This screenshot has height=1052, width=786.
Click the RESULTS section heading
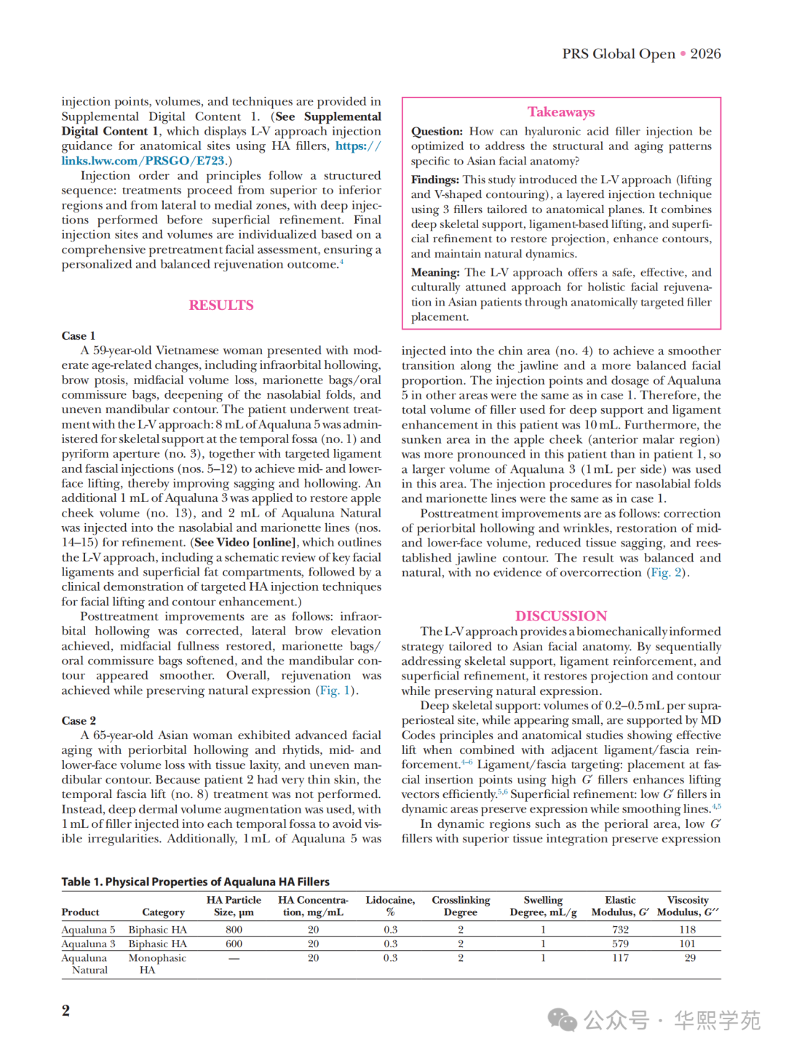[x=221, y=305]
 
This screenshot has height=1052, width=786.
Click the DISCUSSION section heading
[x=561, y=615]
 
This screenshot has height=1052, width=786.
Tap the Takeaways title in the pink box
[x=561, y=112]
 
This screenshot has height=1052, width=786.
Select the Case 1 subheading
[x=79, y=335]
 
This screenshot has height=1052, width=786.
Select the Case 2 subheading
[x=79, y=720]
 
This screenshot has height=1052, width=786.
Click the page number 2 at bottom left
[x=66, y=1010]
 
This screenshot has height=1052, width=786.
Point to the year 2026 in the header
[x=705, y=54]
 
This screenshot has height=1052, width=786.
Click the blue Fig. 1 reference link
[x=336, y=690]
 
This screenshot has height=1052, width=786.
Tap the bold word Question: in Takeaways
[x=437, y=132]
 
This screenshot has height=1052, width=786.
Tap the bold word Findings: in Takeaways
[x=434, y=180]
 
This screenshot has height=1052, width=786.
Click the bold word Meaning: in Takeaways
[x=435, y=273]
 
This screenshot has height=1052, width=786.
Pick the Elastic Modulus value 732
[x=620, y=929]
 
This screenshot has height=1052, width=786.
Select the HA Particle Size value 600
[x=234, y=944]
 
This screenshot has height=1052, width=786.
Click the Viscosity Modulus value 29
[x=689, y=957]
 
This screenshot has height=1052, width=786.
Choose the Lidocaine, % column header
[x=390, y=906]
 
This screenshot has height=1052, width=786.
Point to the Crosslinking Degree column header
[x=461, y=906]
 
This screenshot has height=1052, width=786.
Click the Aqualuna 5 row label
[x=88, y=929]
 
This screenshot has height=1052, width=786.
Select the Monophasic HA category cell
[x=156, y=964]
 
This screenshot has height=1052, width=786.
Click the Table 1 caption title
[x=195, y=882]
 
